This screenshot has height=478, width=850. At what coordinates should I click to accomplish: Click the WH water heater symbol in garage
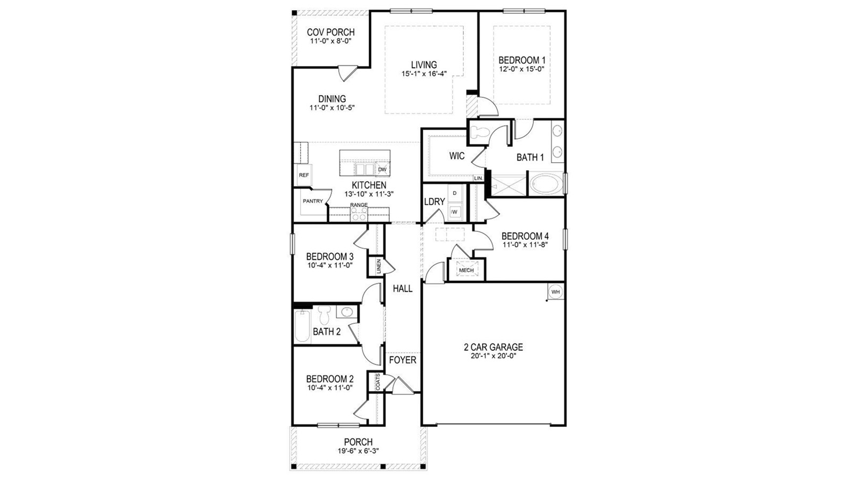[555, 292]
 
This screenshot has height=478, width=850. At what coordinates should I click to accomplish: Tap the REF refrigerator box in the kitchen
[304, 175]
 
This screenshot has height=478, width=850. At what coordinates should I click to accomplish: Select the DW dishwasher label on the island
[382, 170]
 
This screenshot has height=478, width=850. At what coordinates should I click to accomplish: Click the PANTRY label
[312, 201]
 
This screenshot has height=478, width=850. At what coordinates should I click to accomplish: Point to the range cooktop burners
[359, 214]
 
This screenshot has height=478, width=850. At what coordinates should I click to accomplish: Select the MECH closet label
[466, 270]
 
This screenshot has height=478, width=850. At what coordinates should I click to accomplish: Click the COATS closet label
[378, 382]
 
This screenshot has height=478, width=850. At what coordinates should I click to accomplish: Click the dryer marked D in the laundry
[455, 193]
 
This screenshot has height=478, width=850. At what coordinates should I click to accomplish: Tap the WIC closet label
[457, 156]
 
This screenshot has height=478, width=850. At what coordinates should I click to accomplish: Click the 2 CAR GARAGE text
[493, 347]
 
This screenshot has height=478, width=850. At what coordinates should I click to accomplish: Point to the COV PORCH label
[330, 32]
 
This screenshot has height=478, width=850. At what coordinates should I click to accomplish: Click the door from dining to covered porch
[346, 72]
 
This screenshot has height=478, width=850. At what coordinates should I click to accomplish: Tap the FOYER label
[403, 360]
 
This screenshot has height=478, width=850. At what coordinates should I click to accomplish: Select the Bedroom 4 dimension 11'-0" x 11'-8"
[525, 245]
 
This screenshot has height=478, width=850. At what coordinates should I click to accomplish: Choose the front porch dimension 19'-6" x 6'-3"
[358, 450]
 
